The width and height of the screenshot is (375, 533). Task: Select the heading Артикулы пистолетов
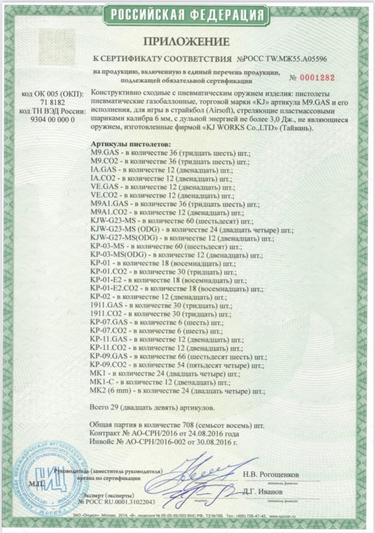(131, 144)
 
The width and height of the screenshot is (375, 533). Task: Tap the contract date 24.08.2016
(208, 434)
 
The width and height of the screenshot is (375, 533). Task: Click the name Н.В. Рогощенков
(270, 475)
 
